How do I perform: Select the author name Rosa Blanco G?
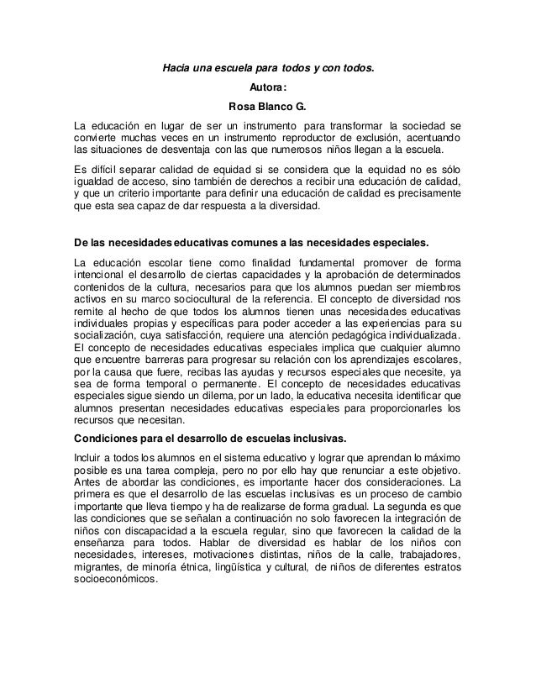click(x=268, y=107)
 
